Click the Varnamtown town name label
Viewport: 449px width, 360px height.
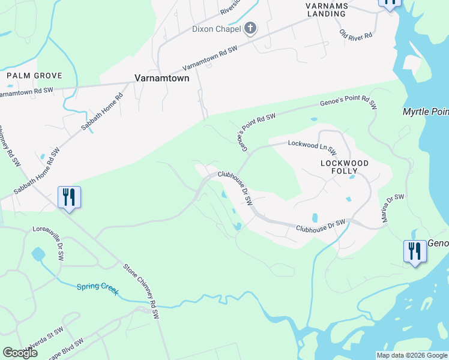pyautogui.click(x=161, y=78)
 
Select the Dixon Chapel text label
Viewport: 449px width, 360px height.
pyautogui.click(x=216, y=29)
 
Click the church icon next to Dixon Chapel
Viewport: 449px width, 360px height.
pyautogui.click(x=250, y=28)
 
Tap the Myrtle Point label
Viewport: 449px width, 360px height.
pyautogui.click(x=426, y=112)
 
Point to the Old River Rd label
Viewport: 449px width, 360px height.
pyautogui.click(x=356, y=35)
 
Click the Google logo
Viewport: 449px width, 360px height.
pyautogui.click(x=20, y=353)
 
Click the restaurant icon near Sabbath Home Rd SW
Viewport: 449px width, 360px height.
pyautogui.click(x=69, y=197)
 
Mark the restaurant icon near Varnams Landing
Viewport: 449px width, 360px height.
pyautogui.click(x=390, y=3)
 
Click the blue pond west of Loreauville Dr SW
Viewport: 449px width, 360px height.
pyautogui.click(x=38, y=253)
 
